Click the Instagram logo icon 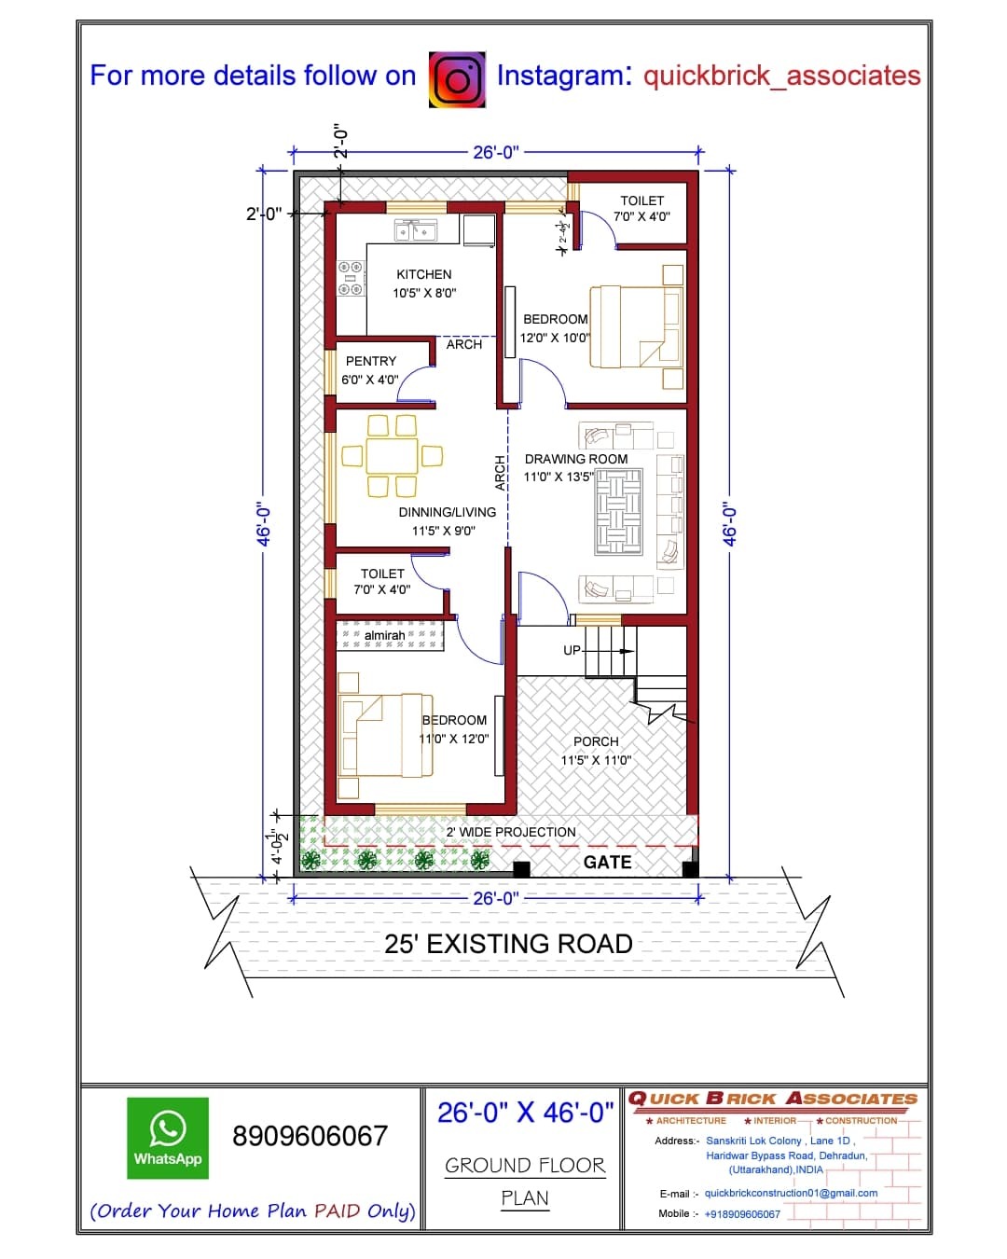pos(457,79)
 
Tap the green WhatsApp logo pos(168,1138)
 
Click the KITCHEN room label pos(423,274)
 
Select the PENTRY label pos(371,361)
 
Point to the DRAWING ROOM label pos(576,459)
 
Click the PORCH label pos(596,741)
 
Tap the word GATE pos(607,862)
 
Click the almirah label pos(384,635)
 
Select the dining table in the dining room pos(392,456)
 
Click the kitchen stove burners pos(352,278)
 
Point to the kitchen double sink pos(415,230)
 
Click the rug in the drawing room pos(618,511)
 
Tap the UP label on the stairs pos(572,651)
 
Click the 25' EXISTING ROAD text pos(508,944)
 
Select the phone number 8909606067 pos(310,1136)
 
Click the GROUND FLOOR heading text pos(525,1165)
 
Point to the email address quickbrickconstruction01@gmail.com pos(791,1193)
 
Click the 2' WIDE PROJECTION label pos(511,832)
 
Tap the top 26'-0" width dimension pos(496,152)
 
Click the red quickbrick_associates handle pos(781,76)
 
